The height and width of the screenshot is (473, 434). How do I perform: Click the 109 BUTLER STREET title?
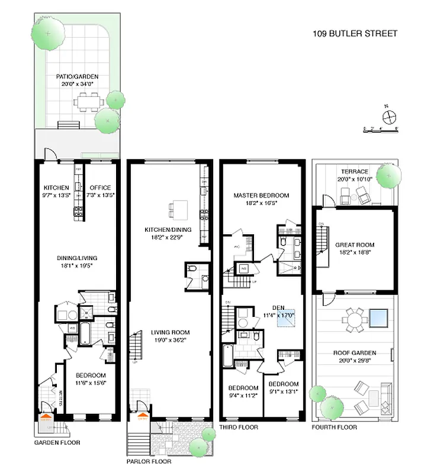[355, 34]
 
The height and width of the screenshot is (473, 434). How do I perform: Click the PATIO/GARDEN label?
[77, 76]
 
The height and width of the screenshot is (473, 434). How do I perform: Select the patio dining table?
[88, 103]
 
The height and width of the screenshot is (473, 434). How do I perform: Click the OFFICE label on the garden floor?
[100, 188]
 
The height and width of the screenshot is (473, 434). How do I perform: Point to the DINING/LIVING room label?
[77, 258]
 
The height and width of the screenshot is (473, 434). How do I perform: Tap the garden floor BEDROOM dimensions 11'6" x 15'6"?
[89, 384]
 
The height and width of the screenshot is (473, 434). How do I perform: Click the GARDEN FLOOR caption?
[57, 442]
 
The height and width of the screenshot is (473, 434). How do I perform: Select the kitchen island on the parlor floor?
[178, 209]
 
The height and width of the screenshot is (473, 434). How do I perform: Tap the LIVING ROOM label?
[169, 332]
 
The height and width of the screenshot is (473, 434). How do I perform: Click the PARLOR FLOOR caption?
[149, 461]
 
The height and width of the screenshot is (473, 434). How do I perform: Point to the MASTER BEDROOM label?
[261, 195]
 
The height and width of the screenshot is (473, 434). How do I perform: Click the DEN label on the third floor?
[278, 307]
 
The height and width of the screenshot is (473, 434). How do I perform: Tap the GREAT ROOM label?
[355, 244]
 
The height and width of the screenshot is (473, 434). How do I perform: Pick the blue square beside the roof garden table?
[379, 318]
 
